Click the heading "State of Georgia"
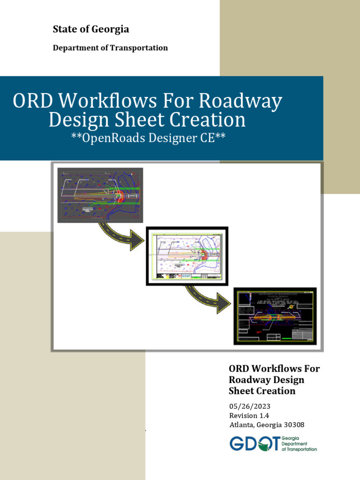coord(91,30)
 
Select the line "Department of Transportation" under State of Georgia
coord(110,48)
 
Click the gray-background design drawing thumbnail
coord(100,194)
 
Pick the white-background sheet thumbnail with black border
coord(187,255)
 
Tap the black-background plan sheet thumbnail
coord(275,316)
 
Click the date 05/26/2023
coord(250,406)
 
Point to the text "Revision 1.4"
coord(249,415)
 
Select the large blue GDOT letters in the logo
coord(255,443)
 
